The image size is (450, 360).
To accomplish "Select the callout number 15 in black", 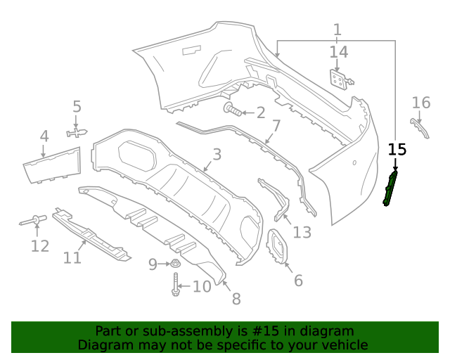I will [397, 149].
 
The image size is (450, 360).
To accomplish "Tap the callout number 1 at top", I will [337, 30].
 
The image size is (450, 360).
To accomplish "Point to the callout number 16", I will [420, 103].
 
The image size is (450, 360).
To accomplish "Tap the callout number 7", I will [276, 127].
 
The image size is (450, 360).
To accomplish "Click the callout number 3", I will [217, 155].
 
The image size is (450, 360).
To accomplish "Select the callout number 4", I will [44, 136].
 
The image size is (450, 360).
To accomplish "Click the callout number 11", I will [72, 258].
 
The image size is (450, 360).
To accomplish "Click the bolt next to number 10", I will [175, 285].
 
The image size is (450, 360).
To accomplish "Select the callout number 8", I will [236, 299].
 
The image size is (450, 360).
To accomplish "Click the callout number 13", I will [302, 232].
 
